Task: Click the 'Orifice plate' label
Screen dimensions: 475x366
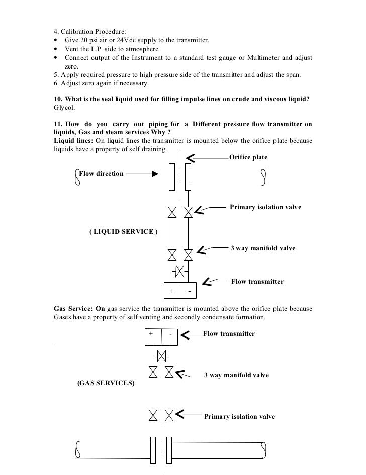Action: pyautogui.click(x=248, y=157)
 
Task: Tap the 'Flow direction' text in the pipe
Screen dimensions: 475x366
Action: pyautogui.click(x=101, y=174)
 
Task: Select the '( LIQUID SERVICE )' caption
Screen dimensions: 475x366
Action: pyautogui.click(x=124, y=232)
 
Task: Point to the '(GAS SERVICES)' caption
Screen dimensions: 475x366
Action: pyautogui.click(x=106, y=383)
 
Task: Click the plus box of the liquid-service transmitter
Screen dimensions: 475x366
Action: pyautogui.click(x=171, y=291)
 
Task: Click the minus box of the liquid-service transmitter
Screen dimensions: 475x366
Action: pyautogui.click(x=189, y=291)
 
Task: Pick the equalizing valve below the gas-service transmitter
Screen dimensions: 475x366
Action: pyautogui.click(x=161, y=356)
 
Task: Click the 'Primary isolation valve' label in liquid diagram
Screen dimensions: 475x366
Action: pyautogui.click(x=265, y=207)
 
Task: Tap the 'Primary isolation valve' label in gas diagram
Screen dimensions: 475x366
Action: pyautogui.click(x=239, y=417)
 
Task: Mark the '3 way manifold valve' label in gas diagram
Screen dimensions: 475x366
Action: pyautogui.click(x=236, y=375)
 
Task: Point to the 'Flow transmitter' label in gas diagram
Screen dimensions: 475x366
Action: pyautogui.click(x=229, y=334)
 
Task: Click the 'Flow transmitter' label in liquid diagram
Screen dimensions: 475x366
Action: pyautogui.click(x=257, y=281)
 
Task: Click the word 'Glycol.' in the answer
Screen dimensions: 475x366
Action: pyautogui.click(x=64, y=107)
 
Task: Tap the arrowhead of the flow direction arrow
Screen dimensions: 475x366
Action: pyautogui.click(x=156, y=174)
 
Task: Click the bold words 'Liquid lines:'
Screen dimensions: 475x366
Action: pyautogui.click(x=73, y=140)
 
